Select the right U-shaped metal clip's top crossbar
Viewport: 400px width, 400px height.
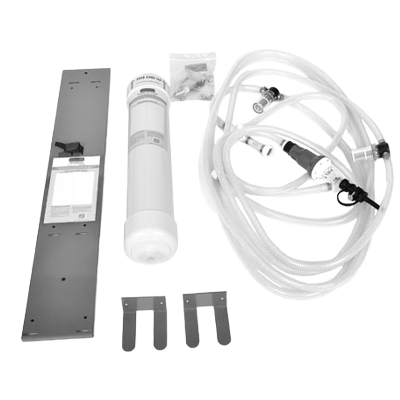click(x=204, y=299)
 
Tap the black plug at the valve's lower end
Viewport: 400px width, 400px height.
click(x=347, y=189)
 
